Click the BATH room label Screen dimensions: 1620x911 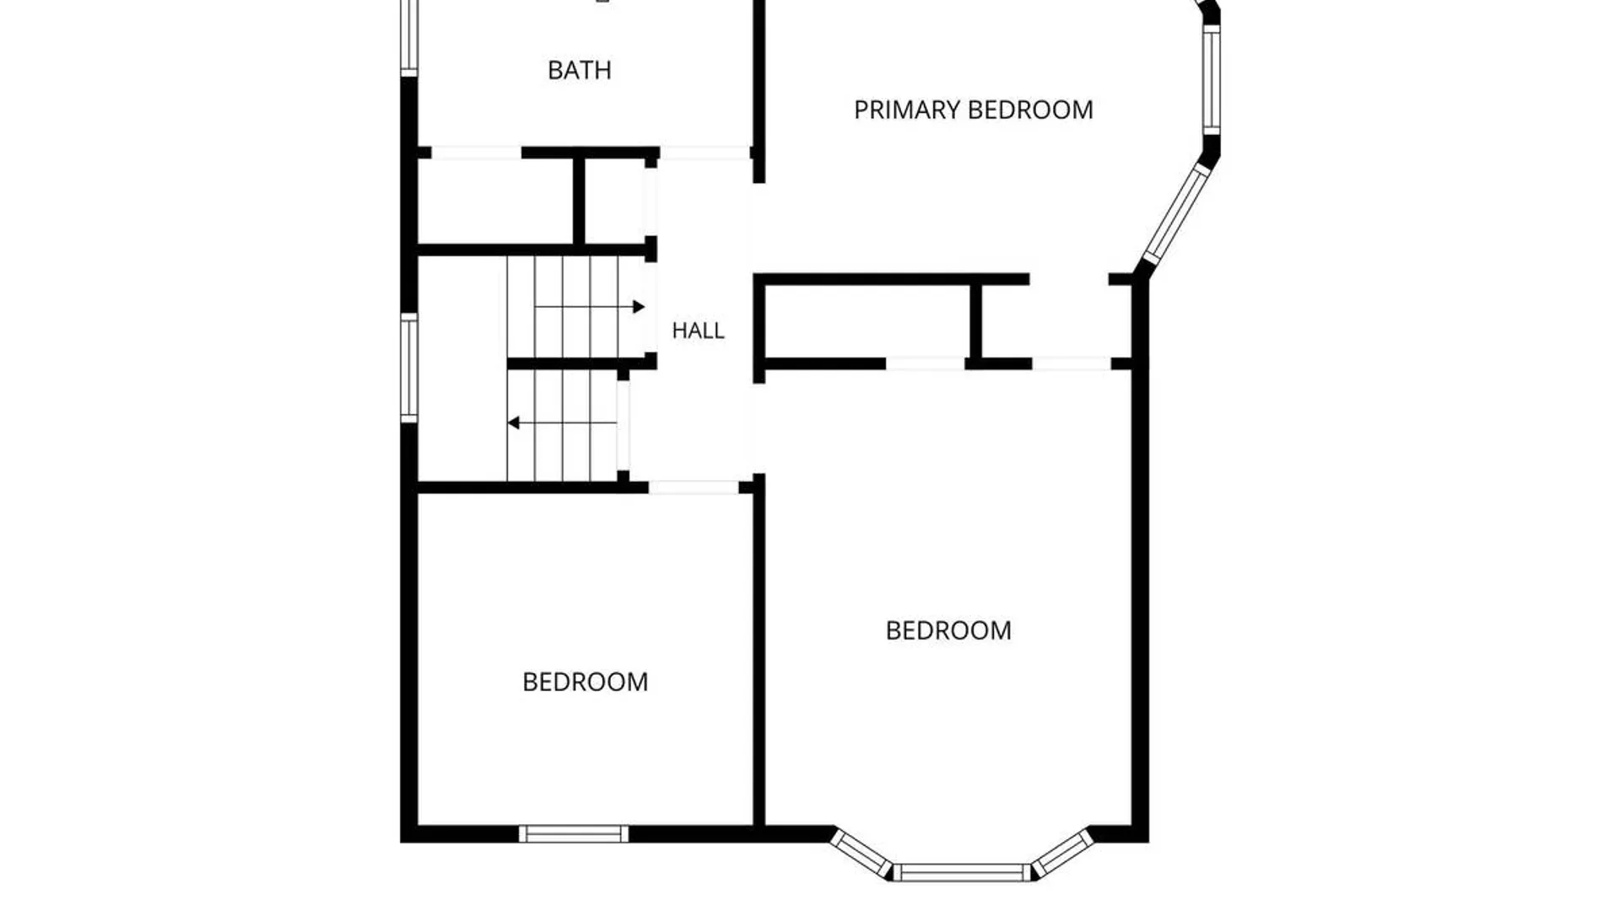[x=579, y=70]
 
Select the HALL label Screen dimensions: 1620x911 [x=698, y=331]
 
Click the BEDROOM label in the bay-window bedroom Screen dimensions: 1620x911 [x=948, y=631]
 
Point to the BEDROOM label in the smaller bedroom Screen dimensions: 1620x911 [x=586, y=682]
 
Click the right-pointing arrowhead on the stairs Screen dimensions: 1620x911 [x=639, y=307]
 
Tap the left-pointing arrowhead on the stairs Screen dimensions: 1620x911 [x=513, y=423]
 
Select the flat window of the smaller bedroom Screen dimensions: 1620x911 [x=574, y=834]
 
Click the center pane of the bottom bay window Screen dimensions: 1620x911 [x=962, y=873]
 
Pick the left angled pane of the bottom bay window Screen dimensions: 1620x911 [x=861, y=854]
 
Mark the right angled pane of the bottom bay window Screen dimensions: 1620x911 [x=1063, y=854]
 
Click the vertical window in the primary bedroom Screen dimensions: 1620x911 [x=1211, y=79]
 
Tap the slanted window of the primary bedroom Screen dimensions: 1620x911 [x=1177, y=214]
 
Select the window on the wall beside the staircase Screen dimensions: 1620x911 [x=409, y=368]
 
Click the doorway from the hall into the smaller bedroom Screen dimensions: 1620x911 [x=694, y=488]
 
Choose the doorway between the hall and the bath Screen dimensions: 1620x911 [x=705, y=153]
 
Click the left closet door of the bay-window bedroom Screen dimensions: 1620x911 [x=926, y=364]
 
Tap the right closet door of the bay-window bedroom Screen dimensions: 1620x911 [x=1072, y=364]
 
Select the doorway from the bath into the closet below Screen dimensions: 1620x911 [x=477, y=153]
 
